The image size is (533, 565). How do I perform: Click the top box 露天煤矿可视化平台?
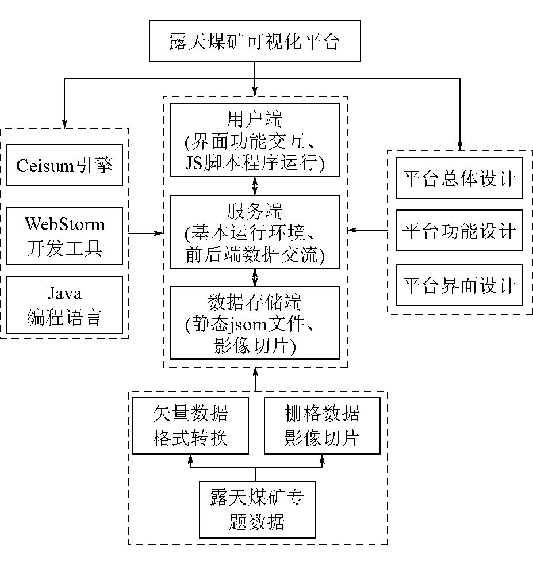(255, 41)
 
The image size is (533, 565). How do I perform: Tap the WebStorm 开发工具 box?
(65, 235)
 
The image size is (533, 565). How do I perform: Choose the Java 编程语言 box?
(65, 305)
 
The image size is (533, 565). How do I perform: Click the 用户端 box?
(255, 141)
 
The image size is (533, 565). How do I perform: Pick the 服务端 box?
(255, 232)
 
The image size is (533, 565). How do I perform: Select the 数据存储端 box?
(255, 323)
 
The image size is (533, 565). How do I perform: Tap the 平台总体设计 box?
(459, 178)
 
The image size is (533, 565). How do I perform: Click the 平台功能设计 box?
(459, 231)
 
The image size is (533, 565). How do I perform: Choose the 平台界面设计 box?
(459, 285)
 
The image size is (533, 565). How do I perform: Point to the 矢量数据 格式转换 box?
(190, 425)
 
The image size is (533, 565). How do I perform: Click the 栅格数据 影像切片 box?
(321, 425)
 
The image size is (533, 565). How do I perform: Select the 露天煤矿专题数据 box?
(256, 510)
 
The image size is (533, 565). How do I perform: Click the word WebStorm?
(65, 223)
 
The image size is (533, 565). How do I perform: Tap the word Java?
(64, 293)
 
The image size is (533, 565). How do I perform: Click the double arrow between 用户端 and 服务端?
(255, 186)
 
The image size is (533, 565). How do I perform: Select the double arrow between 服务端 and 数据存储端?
(255, 277)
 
